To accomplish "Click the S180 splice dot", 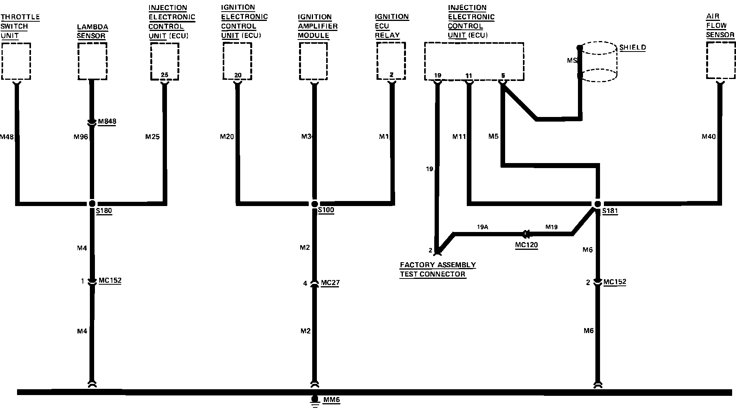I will click(x=92, y=204).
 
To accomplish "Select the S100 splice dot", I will click(x=315, y=204).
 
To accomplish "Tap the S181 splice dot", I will click(x=598, y=204).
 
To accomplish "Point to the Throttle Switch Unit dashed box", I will click(x=16, y=61).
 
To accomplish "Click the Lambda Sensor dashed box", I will click(x=92, y=61).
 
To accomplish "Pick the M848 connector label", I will click(x=107, y=122).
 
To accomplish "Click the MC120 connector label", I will click(x=526, y=245).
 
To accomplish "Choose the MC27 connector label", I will click(x=330, y=283).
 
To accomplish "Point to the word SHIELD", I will click(x=633, y=48).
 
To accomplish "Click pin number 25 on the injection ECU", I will click(x=164, y=74).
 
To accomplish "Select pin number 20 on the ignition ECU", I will click(x=237, y=75).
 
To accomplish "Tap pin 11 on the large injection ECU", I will click(x=469, y=75).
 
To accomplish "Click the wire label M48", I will click(x=7, y=137).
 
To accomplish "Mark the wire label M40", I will click(x=709, y=136).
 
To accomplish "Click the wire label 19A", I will click(x=482, y=227).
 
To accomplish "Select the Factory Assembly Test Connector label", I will click(x=438, y=270).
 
